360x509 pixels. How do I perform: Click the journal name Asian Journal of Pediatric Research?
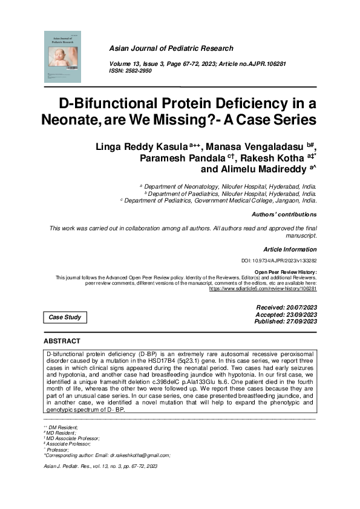(171, 48)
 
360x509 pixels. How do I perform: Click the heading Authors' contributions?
(283, 215)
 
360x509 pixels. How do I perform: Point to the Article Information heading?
(290, 249)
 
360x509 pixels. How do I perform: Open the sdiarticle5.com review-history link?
(263, 289)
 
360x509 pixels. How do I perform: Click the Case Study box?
(64, 317)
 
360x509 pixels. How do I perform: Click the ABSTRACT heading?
(62, 342)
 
